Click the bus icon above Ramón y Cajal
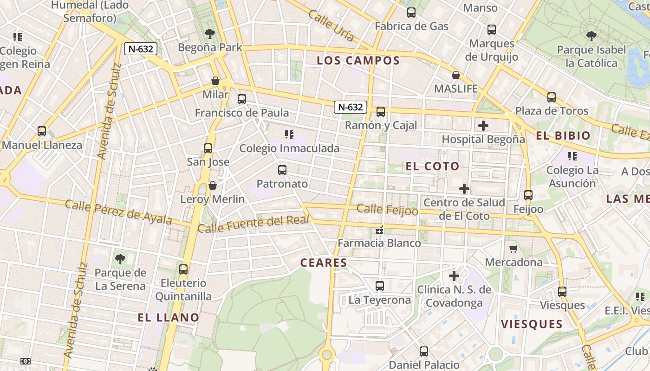pos(381,112)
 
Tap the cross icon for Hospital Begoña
pos(483,126)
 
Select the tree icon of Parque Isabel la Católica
pos(591,36)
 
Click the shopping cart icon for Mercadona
pos(513,249)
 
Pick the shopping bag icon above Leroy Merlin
pos(213,185)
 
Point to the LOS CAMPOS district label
pos(358,61)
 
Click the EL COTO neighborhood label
pos(432,166)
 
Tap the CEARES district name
pos(324,263)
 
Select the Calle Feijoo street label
pos(387,210)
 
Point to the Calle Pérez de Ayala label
pos(118,212)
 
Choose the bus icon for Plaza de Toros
pos(552,97)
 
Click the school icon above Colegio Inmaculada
pos(289,135)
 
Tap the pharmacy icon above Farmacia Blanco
pos(379,230)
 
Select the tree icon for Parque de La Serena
pos(120,259)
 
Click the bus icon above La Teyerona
pos(380,286)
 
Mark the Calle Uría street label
pos(331,26)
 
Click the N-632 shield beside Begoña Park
pos(141,49)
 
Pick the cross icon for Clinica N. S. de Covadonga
pos(454,276)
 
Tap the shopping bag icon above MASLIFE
pos(456,75)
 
